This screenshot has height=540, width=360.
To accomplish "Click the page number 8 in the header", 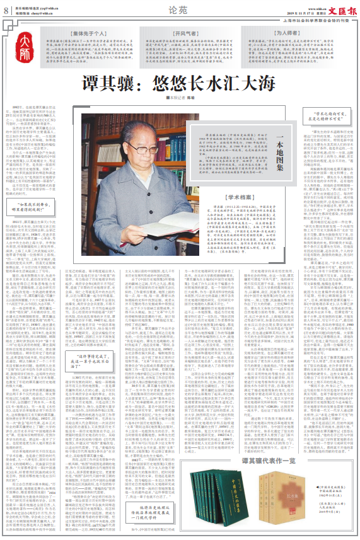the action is tap(6, 9).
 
